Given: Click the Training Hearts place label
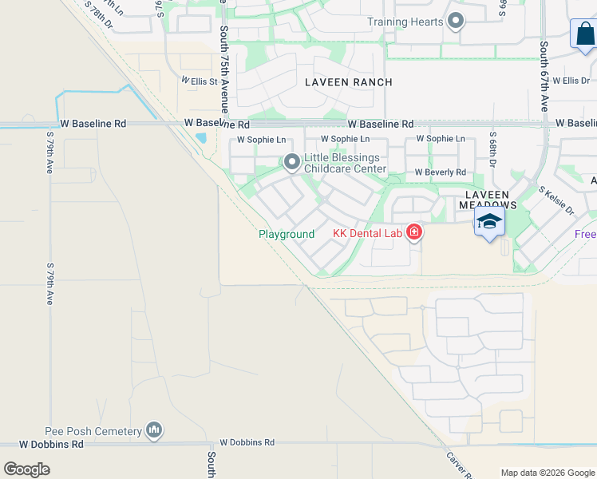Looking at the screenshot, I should point(405,22).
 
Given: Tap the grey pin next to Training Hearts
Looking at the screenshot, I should point(456,21).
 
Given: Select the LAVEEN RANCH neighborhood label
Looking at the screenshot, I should point(349,82).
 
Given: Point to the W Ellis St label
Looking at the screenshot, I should point(199,81).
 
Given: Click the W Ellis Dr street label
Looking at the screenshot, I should point(571,81).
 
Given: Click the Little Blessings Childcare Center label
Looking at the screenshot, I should point(345,164).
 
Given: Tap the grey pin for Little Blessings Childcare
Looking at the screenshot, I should point(292,163).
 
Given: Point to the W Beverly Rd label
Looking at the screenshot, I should point(440,172).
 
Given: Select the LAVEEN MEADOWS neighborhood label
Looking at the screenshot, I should point(487,200).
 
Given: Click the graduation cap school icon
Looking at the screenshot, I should point(489,221).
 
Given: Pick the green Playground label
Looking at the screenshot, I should point(287,234).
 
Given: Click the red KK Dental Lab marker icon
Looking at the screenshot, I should point(414,233).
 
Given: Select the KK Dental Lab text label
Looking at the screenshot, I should point(367,234).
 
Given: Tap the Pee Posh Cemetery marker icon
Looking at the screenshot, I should point(154,430).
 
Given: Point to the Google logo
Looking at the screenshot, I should point(27,469).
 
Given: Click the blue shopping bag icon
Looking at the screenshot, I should point(585,35).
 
